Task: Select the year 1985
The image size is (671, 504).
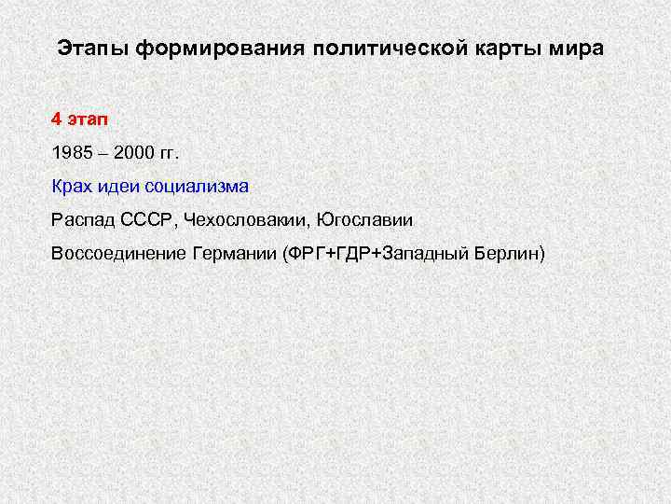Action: click(73, 153)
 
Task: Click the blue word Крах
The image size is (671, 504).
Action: click(73, 187)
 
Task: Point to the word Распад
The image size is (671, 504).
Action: click(82, 220)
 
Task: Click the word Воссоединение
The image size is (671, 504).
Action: click(118, 254)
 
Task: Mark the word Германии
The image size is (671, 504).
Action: click(233, 254)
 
